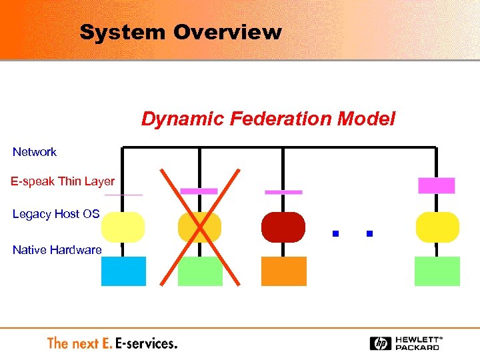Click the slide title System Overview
(180, 32)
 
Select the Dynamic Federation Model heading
(268, 119)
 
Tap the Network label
(35, 152)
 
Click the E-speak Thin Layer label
(63, 181)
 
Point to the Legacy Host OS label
(56, 214)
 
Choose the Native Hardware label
(57, 250)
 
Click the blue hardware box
(123, 271)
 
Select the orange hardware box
(283, 271)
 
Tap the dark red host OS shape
(283, 227)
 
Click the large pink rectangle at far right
(436, 185)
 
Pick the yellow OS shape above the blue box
(123, 227)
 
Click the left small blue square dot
(336, 234)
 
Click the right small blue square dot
(369, 234)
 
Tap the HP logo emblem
(381, 343)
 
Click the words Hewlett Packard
(417, 343)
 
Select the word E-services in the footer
(146, 343)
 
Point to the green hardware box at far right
(437, 271)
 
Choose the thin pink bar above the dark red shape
(283, 192)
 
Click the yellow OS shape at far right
(437, 227)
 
